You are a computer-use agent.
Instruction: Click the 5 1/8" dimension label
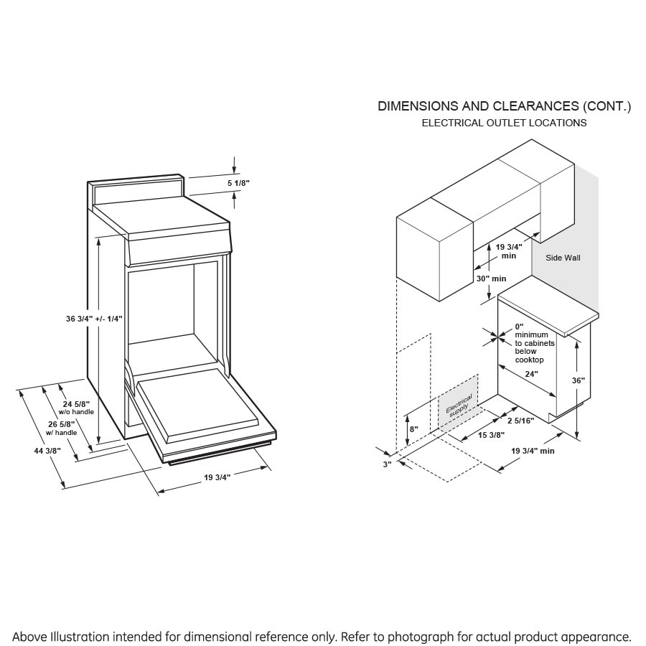[x=238, y=184]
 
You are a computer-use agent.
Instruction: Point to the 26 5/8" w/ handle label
[x=61, y=429]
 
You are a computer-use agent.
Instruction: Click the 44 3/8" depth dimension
[x=46, y=451]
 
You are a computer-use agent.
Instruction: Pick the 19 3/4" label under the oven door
[x=217, y=477]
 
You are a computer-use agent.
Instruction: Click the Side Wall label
[x=563, y=258]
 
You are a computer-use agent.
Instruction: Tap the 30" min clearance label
[x=491, y=278]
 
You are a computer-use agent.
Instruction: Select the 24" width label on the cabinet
[x=530, y=373]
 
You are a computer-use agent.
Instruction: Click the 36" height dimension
[x=579, y=381]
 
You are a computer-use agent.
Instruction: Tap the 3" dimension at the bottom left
[x=387, y=464]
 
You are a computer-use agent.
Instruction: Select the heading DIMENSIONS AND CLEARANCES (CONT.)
[x=504, y=106]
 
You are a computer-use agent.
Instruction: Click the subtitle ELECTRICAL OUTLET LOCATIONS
[x=504, y=123]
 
